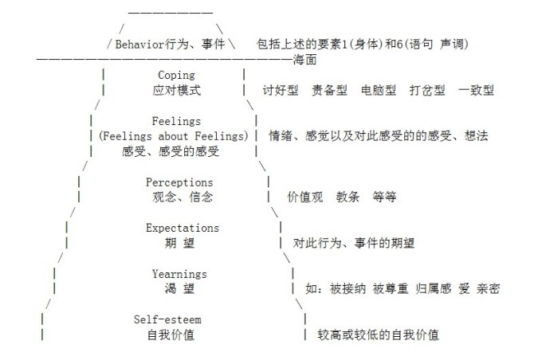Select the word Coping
coord(176,76)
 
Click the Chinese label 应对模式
coord(176,90)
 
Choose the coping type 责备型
coord(329,90)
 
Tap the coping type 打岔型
coord(422,90)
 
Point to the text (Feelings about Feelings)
coord(175,136)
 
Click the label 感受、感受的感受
coord(171,151)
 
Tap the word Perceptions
coord(179,182)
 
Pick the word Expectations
coord(182,228)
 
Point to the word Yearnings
coord(179,274)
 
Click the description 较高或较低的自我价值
coord(379,335)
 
